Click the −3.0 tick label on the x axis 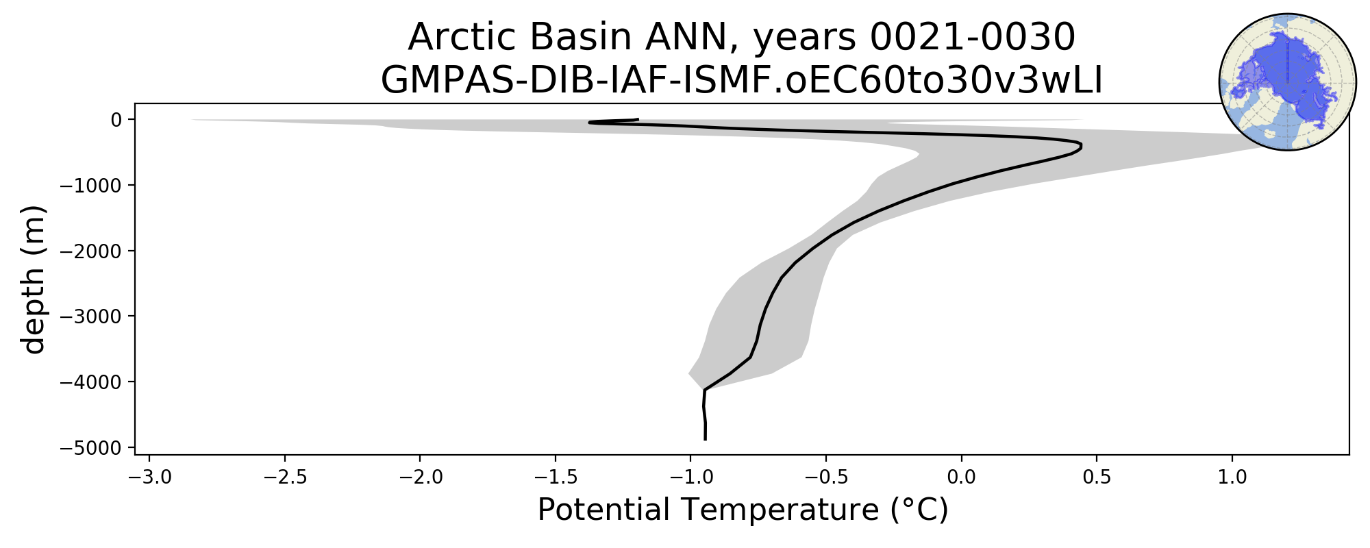point(149,477)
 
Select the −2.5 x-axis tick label point(284,477)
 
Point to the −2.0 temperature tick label point(420,477)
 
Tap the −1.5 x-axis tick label point(555,477)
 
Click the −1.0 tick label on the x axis point(690,477)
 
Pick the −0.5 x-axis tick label point(825,477)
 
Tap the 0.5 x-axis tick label point(1097,477)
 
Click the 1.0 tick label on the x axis point(1232,477)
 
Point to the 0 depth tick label point(116,120)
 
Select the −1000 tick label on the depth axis point(91,186)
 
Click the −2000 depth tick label point(91,251)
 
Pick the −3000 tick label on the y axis point(91,316)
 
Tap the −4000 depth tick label point(91,382)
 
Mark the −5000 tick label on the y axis point(91,447)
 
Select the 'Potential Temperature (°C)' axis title point(743,510)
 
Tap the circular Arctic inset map point(1288,82)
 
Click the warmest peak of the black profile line point(1081,146)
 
